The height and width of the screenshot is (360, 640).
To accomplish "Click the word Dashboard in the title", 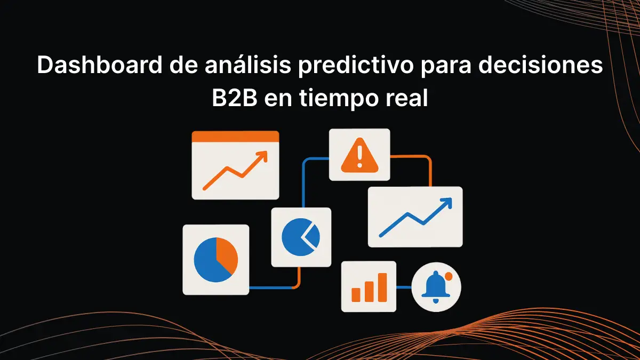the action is [99, 65].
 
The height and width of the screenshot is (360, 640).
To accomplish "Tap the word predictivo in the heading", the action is [356, 66].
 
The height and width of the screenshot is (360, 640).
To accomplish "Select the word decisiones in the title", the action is [540, 65].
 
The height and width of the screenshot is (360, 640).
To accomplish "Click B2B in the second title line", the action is [234, 98].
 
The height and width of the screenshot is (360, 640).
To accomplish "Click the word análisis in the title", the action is [247, 65].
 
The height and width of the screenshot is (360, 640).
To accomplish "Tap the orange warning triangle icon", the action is [359, 155].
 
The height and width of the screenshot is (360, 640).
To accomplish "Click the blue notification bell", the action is [435, 286].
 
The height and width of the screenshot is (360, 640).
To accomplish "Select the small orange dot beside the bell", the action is [449, 276].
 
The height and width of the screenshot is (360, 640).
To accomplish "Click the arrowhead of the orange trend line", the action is [262, 156].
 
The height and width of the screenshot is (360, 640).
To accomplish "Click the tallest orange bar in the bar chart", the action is [382, 287].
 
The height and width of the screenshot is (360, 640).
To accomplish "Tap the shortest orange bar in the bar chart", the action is [356, 295].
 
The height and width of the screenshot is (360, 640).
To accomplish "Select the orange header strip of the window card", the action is [235, 137].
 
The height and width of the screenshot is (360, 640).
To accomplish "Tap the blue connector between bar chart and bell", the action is [404, 287].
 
